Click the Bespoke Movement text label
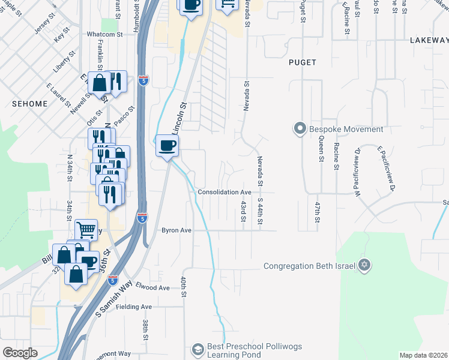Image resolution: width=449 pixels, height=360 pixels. pyautogui.click(x=346, y=129)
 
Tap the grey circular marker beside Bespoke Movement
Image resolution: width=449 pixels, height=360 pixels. pyautogui.click(x=300, y=128)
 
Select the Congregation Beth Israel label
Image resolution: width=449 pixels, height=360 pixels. pyautogui.click(x=310, y=266)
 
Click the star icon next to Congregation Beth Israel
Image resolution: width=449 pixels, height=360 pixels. pyautogui.click(x=364, y=265)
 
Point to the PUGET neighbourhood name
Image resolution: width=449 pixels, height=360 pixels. pyautogui.click(x=302, y=62)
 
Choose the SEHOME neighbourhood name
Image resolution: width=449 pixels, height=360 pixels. pyautogui.click(x=29, y=104)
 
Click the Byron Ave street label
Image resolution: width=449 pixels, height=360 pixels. pyautogui.click(x=176, y=230)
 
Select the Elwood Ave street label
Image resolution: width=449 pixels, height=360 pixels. pyautogui.click(x=153, y=287)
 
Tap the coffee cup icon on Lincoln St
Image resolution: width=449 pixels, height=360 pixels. pyautogui.click(x=167, y=145)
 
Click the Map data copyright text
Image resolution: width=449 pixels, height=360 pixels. pyautogui.click(x=423, y=355)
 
